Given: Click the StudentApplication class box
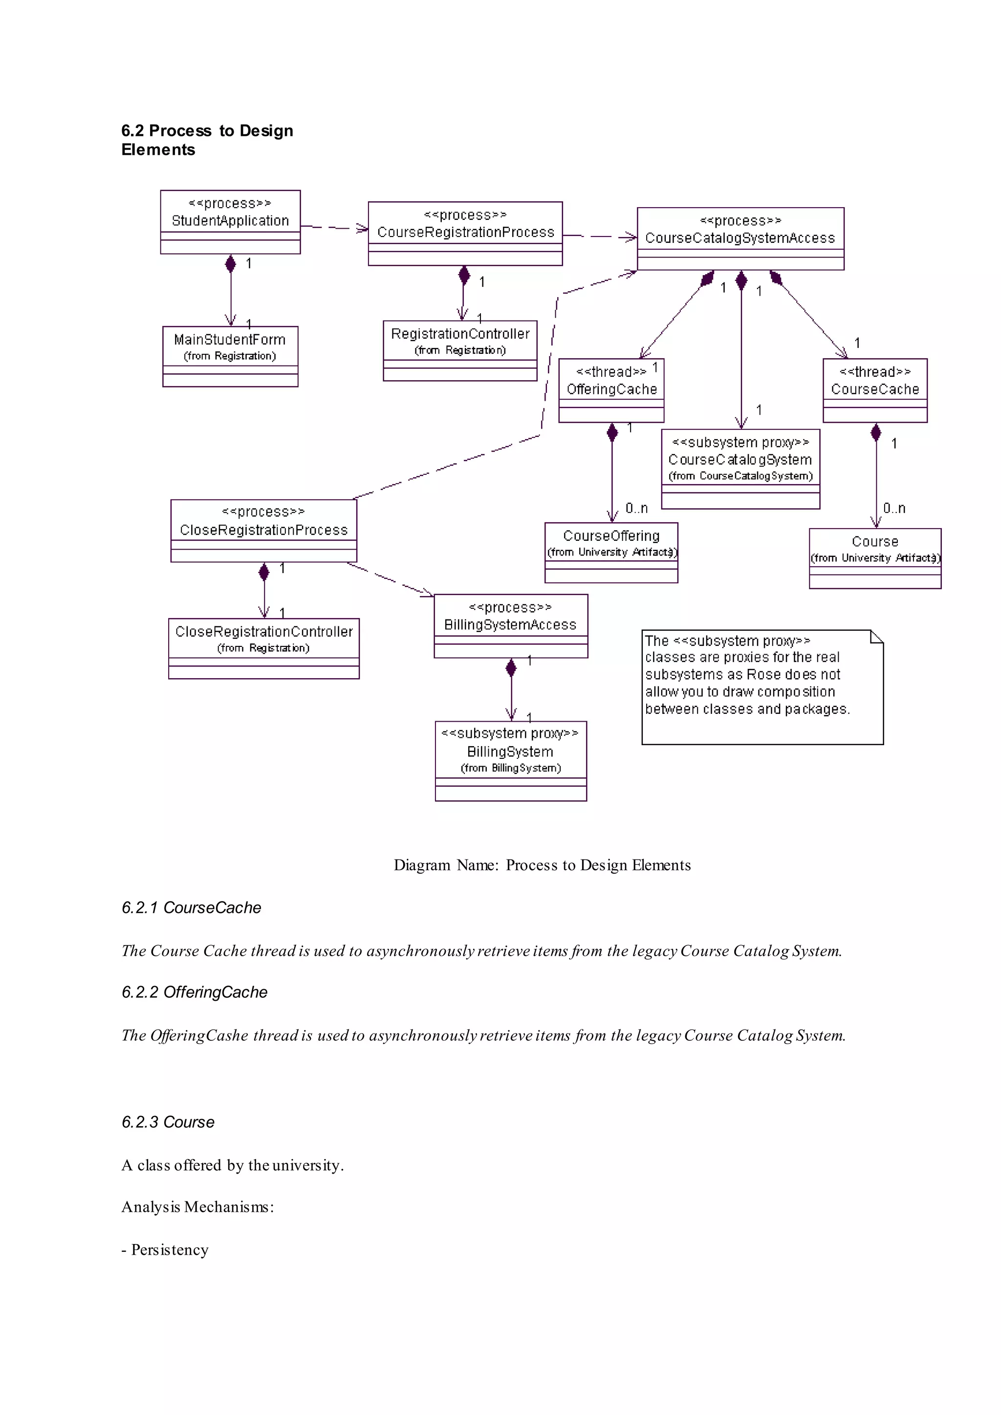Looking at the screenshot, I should tap(230, 221).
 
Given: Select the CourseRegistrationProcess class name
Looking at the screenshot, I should tap(465, 233).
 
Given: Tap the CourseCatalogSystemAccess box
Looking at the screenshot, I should tap(740, 238).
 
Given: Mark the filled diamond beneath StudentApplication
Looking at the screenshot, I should tap(231, 264).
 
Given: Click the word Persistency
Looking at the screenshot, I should tap(170, 1249).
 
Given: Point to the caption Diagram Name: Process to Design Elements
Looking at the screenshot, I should tap(542, 865).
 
